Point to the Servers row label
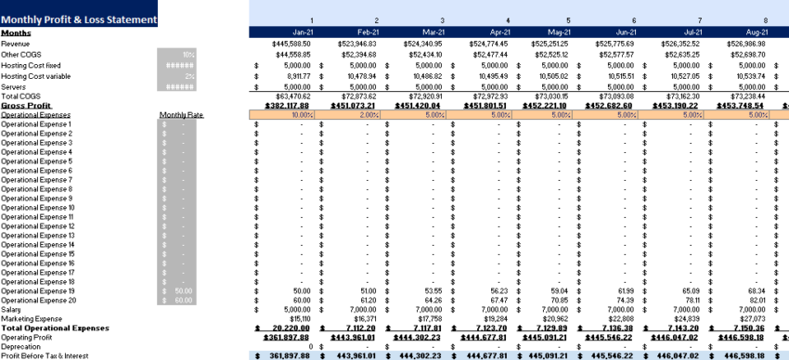pos(14,86)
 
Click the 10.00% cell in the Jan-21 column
pos(302,115)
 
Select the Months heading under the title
pos(17,32)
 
